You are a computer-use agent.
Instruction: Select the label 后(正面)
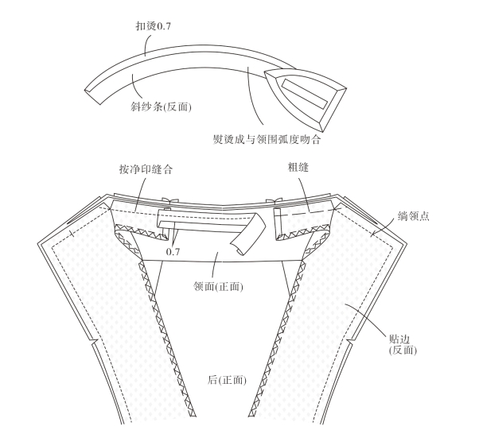click(226, 380)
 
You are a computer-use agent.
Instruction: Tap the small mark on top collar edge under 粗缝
click(277, 202)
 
